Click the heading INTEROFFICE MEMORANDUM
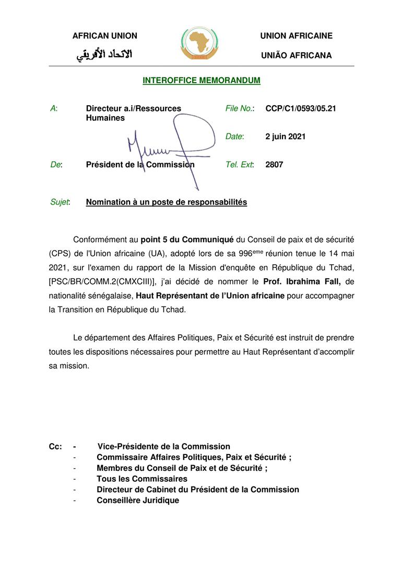pos(201,81)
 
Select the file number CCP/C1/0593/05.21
pos(300,109)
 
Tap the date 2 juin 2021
pos(286,137)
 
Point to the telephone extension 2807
pos(274,164)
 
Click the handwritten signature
pos(172,146)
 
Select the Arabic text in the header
pos(105,54)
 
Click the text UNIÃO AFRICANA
pos(296,55)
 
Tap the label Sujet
pos(60,202)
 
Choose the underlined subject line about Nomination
pos(167,202)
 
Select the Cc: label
pos(55,446)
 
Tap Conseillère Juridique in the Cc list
pos(138,500)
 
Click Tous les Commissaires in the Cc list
pos(142,479)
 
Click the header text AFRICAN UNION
pos(104,36)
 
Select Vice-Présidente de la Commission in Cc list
pos(163,446)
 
